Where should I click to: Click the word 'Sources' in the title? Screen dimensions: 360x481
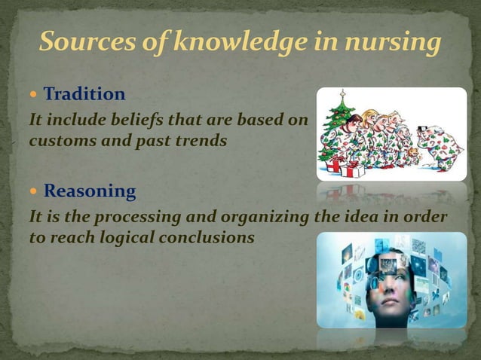(83, 43)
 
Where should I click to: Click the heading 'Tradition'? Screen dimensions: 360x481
(84, 94)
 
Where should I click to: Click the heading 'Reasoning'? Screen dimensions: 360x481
(90, 191)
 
